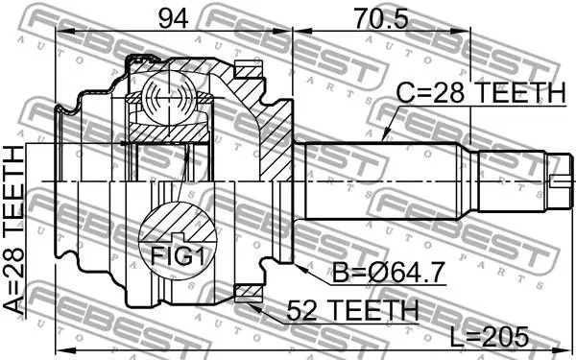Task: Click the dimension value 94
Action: tap(174, 18)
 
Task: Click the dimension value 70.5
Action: tap(380, 18)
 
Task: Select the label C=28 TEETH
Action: tap(481, 92)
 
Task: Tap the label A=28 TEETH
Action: tap(13, 230)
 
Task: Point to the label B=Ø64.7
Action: tap(389, 273)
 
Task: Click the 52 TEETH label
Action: tap(352, 310)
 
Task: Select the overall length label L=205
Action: tap(490, 337)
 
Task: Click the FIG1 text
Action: tap(178, 256)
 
